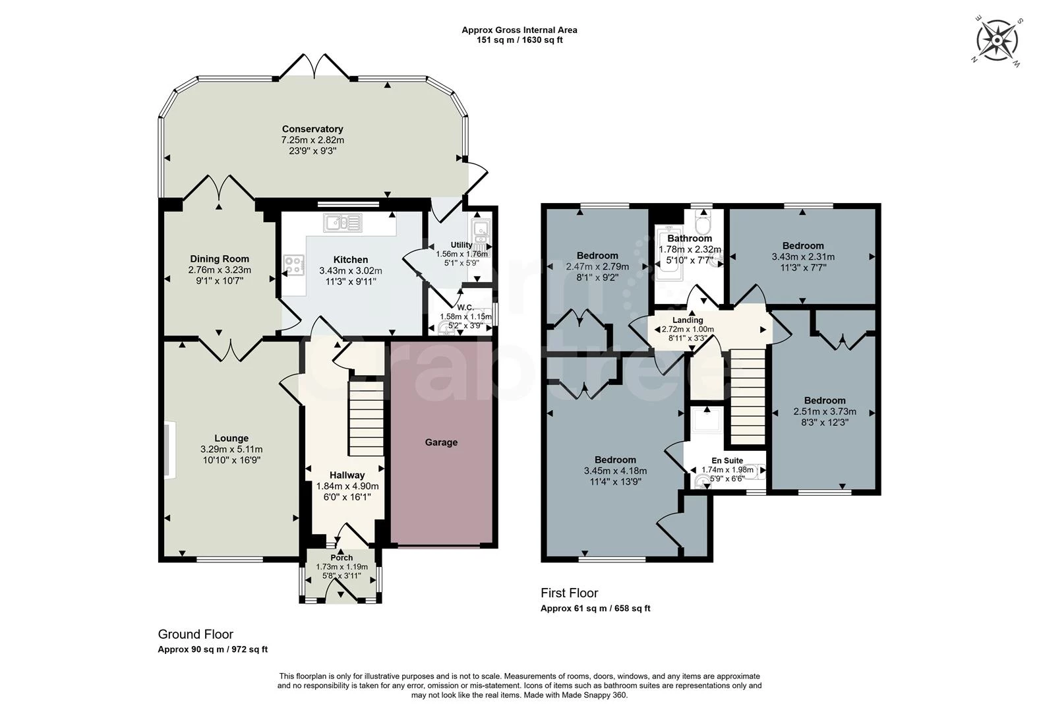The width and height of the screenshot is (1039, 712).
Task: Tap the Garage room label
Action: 441,442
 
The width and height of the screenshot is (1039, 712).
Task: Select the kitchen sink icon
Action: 342,223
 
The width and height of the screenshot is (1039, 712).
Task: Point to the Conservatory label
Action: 312,129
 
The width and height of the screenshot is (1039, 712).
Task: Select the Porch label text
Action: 341,558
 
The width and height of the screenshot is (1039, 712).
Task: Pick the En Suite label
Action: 727,461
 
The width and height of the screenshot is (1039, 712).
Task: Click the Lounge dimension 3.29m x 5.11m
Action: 231,449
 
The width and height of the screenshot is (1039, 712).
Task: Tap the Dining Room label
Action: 220,259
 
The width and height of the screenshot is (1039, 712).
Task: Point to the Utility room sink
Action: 479,229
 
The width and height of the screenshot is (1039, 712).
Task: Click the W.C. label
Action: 465,307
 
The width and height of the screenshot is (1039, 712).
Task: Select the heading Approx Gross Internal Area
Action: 519,30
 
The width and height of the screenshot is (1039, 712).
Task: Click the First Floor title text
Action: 569,593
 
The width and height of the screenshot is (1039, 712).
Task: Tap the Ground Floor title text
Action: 195,634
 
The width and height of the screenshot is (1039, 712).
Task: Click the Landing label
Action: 688,320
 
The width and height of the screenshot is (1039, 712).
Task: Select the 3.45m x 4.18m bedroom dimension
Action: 615,471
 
